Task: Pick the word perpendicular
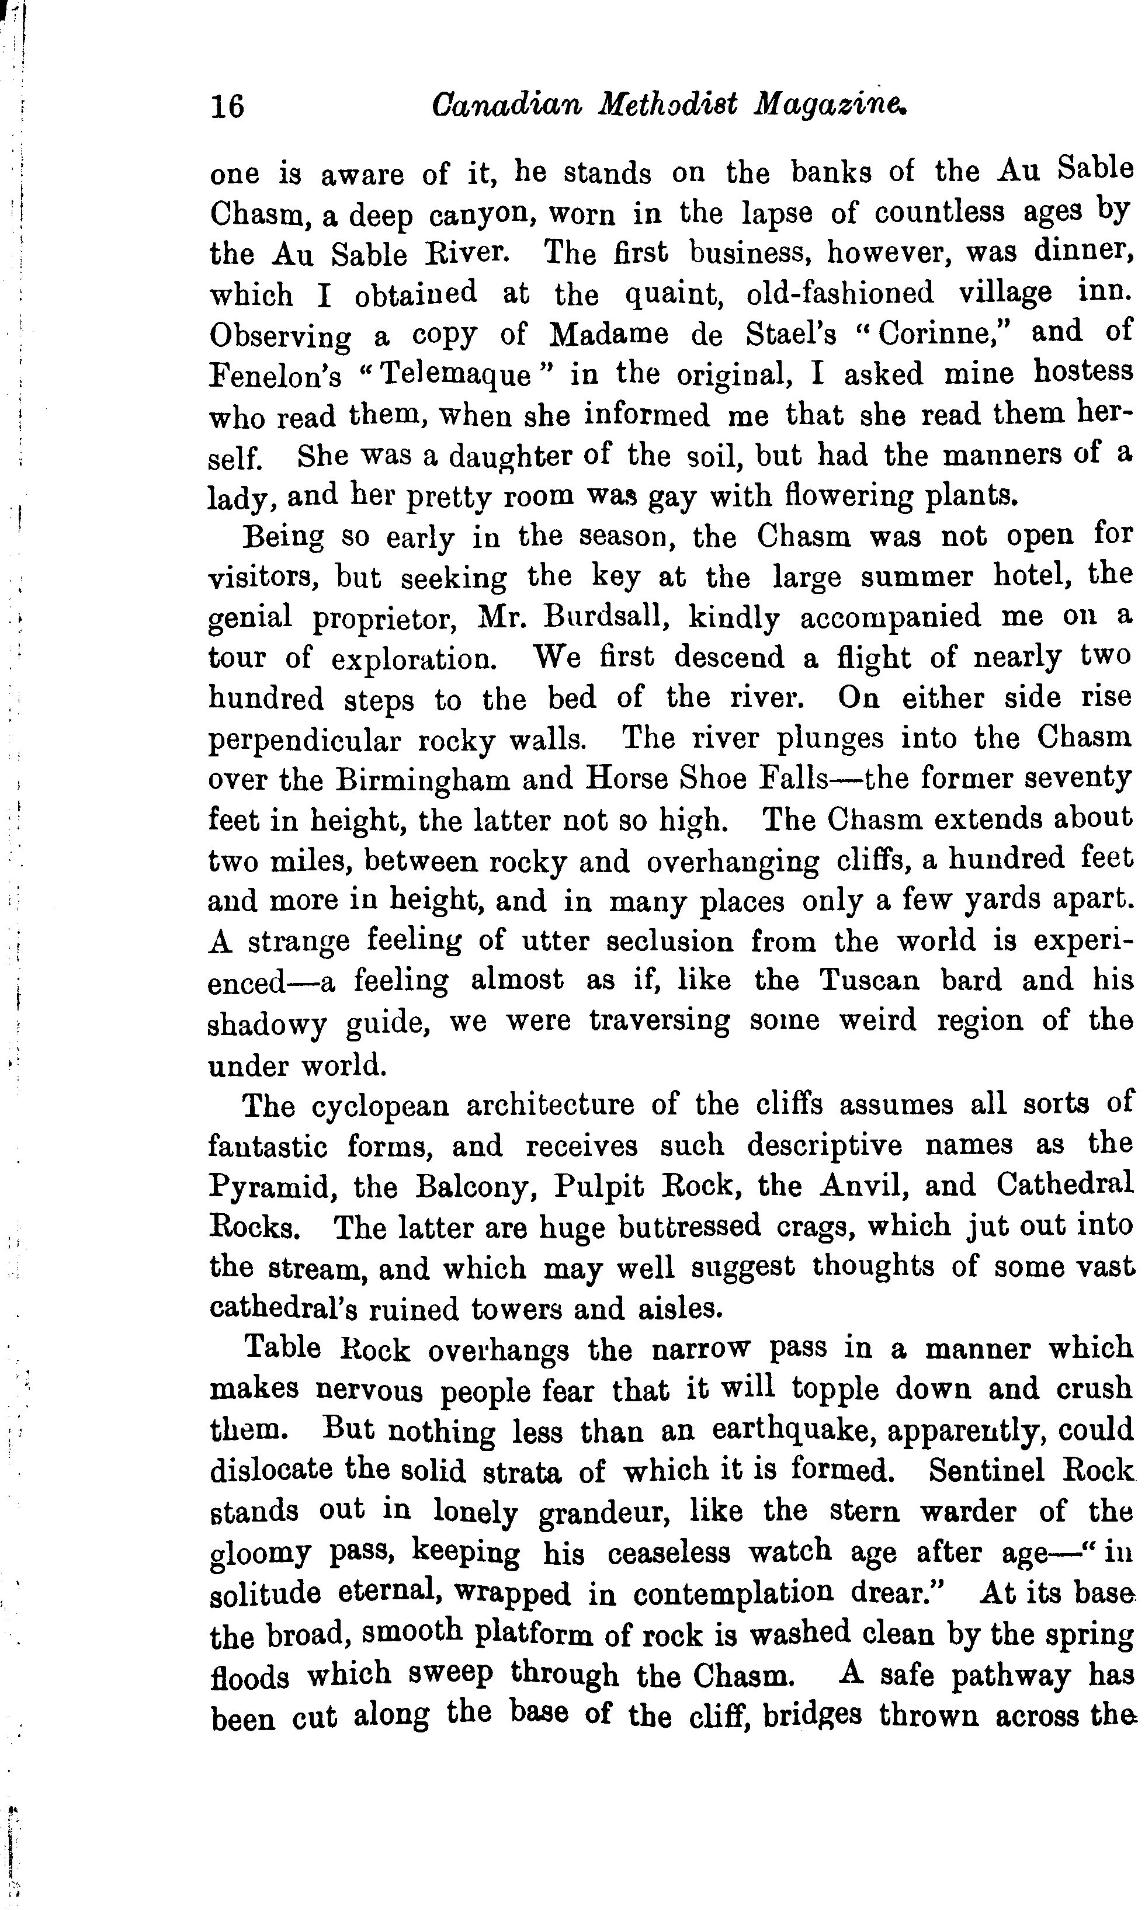(x=305, y=741)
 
